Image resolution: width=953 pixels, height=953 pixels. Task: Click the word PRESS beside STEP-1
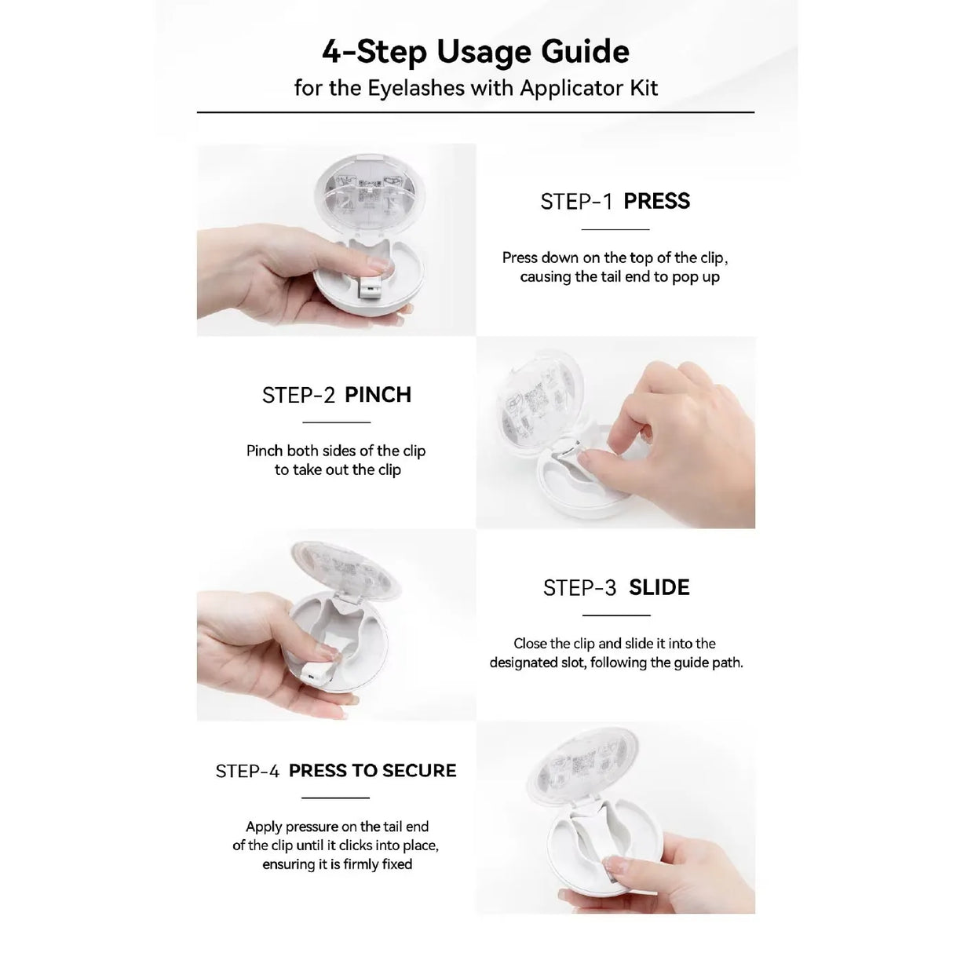656,201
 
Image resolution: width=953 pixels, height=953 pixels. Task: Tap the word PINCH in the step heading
378,395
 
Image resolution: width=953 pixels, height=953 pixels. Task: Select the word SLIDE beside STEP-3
659,587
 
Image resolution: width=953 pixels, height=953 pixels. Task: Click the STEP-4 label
247,771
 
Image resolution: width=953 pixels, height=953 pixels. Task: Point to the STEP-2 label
298,395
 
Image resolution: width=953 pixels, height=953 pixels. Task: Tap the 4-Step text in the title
374,53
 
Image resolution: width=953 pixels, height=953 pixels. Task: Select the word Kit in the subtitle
644,88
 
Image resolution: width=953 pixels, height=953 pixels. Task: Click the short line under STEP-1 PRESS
615,229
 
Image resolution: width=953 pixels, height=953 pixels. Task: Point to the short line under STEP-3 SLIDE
615,615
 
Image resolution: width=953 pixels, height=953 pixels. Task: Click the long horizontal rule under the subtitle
476,112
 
